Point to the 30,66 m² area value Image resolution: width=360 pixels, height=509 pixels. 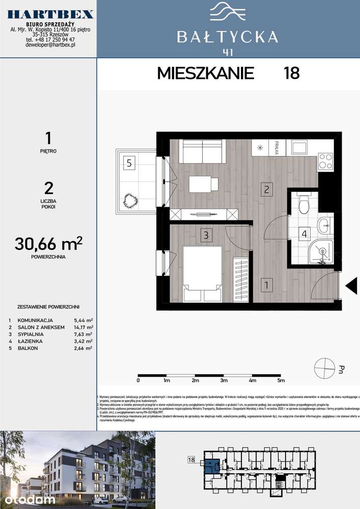(49, 245)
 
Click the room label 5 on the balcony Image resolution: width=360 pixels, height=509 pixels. (129, 163)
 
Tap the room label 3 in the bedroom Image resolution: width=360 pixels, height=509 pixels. (206, 235)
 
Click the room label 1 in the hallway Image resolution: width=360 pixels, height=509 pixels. (267, 285)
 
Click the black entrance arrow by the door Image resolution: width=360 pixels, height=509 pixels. (351, 287)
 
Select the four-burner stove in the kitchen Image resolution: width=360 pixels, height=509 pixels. (325, 162)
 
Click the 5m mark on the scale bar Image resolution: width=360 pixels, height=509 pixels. (281, 380)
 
